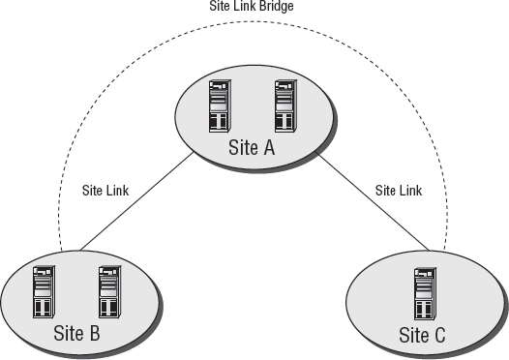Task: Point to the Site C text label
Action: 423,336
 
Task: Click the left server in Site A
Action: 220,106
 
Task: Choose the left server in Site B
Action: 44,293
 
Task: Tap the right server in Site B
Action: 108,293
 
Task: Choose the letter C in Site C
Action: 442,336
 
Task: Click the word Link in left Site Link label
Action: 119,191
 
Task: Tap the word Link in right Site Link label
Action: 410,191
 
